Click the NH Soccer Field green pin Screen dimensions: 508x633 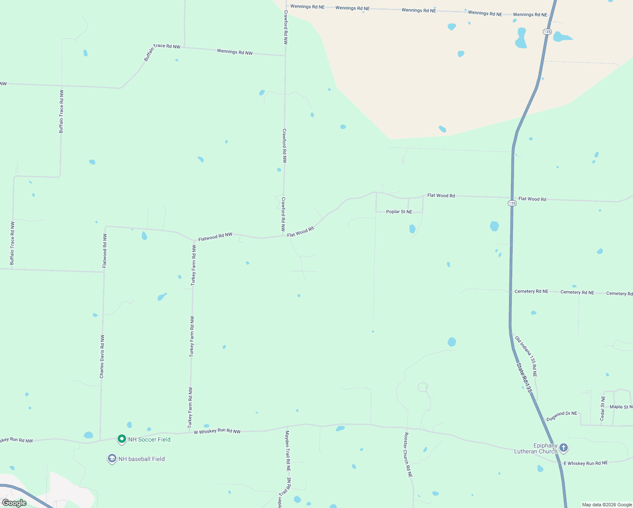[122, 439]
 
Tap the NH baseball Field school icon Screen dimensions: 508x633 [112, 458]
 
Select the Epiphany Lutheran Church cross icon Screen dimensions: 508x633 [563, 447]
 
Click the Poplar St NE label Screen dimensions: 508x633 [399, 212]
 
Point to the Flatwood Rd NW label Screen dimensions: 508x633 [215, 237]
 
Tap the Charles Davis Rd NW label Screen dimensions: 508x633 [102, 356]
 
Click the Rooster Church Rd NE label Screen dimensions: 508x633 [408, 455]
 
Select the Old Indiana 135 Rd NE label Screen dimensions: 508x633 [526, 356]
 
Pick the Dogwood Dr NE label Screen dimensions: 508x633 [562, 416]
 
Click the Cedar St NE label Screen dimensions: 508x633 [603, 408]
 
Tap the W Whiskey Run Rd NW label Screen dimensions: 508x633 [217, 431]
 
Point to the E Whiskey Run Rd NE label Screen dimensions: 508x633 [586, 463]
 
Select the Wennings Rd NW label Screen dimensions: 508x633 [235, 52]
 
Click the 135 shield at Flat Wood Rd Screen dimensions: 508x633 [512, 203]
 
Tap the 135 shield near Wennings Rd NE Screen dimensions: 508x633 [547, 32]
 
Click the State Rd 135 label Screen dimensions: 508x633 [524, 377]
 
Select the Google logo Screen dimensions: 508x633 [14, 503]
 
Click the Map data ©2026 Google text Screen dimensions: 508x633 [607, 505]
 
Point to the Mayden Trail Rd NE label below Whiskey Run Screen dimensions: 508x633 [288, 451]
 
